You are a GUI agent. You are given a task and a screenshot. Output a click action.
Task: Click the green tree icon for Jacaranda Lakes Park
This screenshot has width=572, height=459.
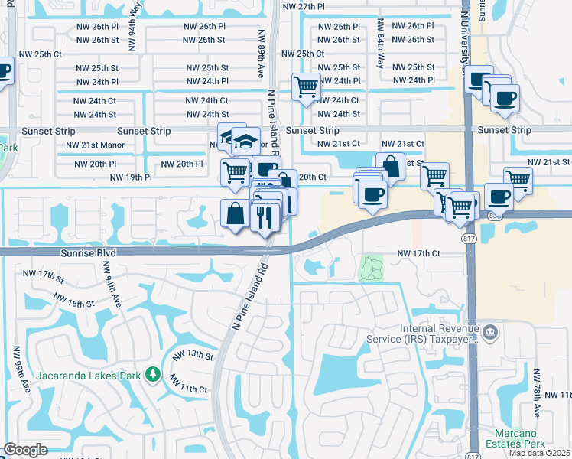[154, 373]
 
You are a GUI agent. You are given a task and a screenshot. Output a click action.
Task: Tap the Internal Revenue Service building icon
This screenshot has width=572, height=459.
[490, 332]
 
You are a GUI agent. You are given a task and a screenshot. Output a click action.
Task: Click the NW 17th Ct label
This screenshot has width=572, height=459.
[418, 253]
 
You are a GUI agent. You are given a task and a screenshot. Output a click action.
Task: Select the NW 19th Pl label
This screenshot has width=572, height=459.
[131, 177]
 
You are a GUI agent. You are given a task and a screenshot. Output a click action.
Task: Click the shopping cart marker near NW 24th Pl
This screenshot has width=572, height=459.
[306, 88]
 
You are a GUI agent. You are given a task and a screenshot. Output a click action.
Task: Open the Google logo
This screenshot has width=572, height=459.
[25, 450]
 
